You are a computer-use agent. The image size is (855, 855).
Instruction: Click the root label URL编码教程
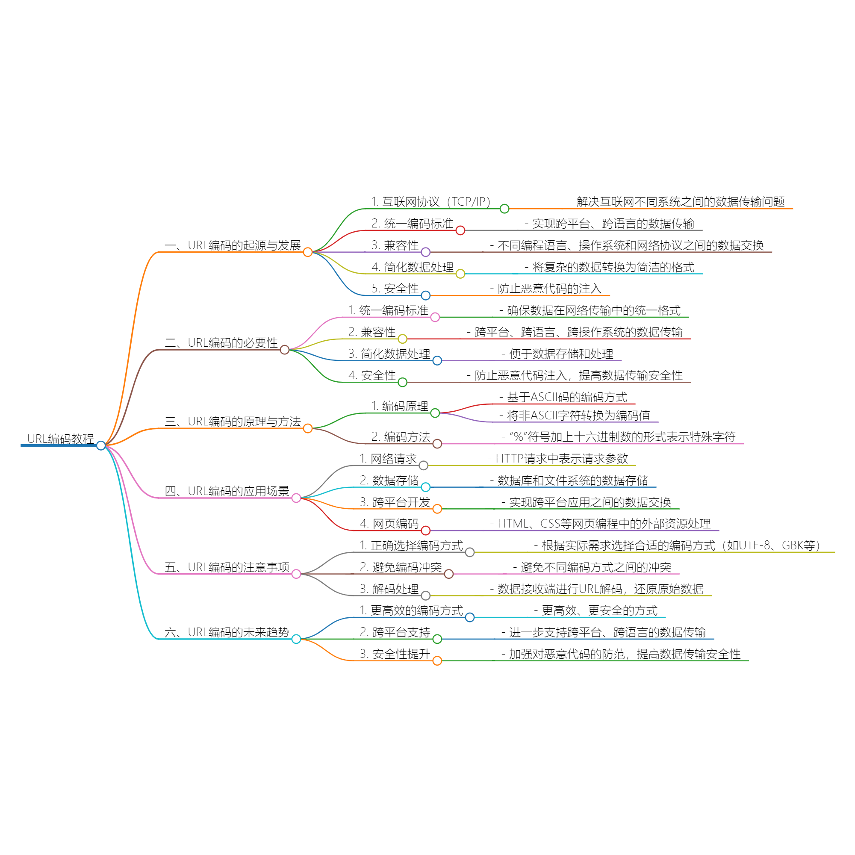pos(60,439)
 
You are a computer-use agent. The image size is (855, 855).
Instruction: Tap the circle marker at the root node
pos(101,445)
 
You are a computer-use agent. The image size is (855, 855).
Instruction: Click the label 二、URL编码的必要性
pos(221,342)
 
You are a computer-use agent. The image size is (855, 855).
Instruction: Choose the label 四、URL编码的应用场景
pos(227,491)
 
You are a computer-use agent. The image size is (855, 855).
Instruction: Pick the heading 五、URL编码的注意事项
pos(227,567)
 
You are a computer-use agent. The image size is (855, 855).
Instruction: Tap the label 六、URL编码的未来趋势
pos(227,632)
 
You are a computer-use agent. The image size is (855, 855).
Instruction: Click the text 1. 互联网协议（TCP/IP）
pos(430,202)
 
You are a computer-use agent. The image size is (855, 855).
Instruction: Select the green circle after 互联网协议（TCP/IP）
pos(504,209)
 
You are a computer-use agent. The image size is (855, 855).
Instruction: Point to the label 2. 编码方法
pos(401,437)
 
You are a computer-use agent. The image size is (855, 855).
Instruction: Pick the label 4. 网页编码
pos(389,524)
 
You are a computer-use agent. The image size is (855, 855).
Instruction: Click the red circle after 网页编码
pos(425,530)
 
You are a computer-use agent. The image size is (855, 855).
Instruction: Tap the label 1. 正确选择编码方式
pos(412,545)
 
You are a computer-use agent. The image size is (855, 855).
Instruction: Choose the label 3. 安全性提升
pos(395,654)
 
